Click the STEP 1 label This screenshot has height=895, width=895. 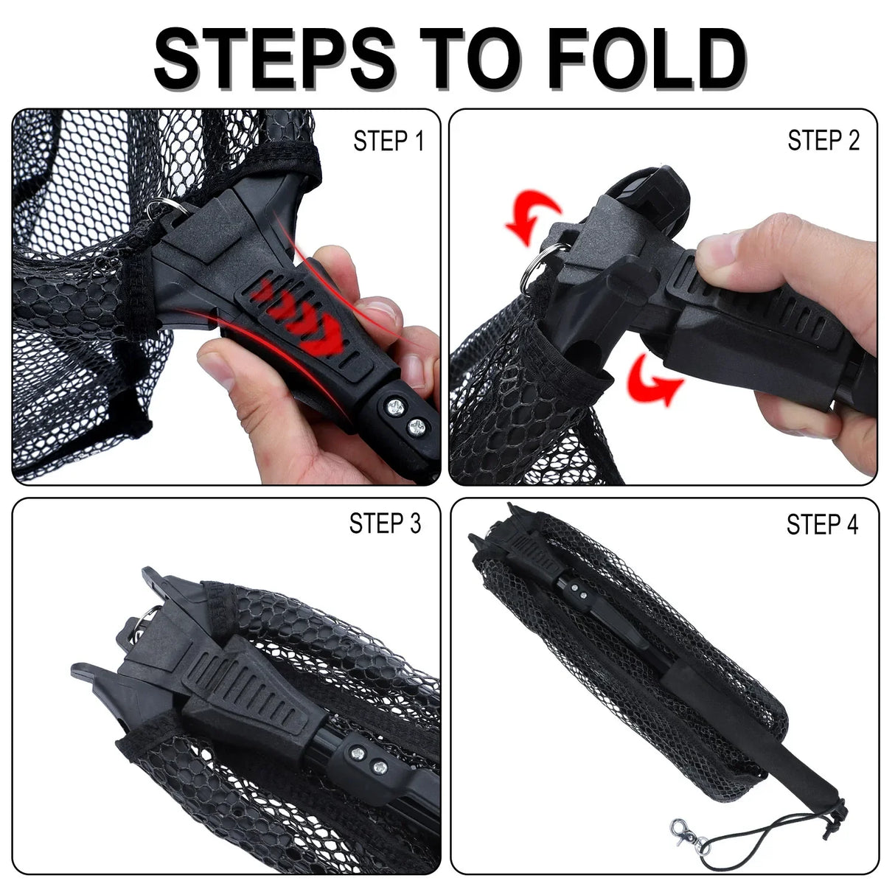[389, 141]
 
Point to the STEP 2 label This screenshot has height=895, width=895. [823, 140]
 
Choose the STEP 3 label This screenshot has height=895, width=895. [385, 523]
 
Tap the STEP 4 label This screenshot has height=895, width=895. [822, 525]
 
